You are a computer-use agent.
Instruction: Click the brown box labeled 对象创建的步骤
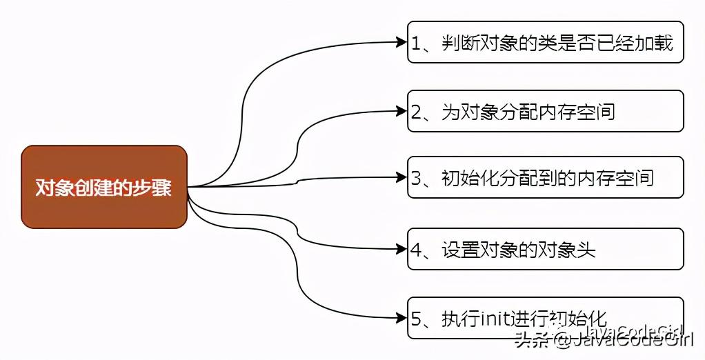tap(104, 187)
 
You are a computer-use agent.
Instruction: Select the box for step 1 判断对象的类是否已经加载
tap(545, 42)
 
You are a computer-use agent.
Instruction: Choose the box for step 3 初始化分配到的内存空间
tap(545, 177)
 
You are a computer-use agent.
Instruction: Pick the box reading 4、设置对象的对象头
tap(545, 248)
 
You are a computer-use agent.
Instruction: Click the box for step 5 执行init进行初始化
tap(545, 318)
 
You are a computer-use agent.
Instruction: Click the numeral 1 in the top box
tap(417, 43)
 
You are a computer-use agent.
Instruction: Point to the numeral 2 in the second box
tap(417, 112)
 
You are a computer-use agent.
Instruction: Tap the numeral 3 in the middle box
tap(417, 179)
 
